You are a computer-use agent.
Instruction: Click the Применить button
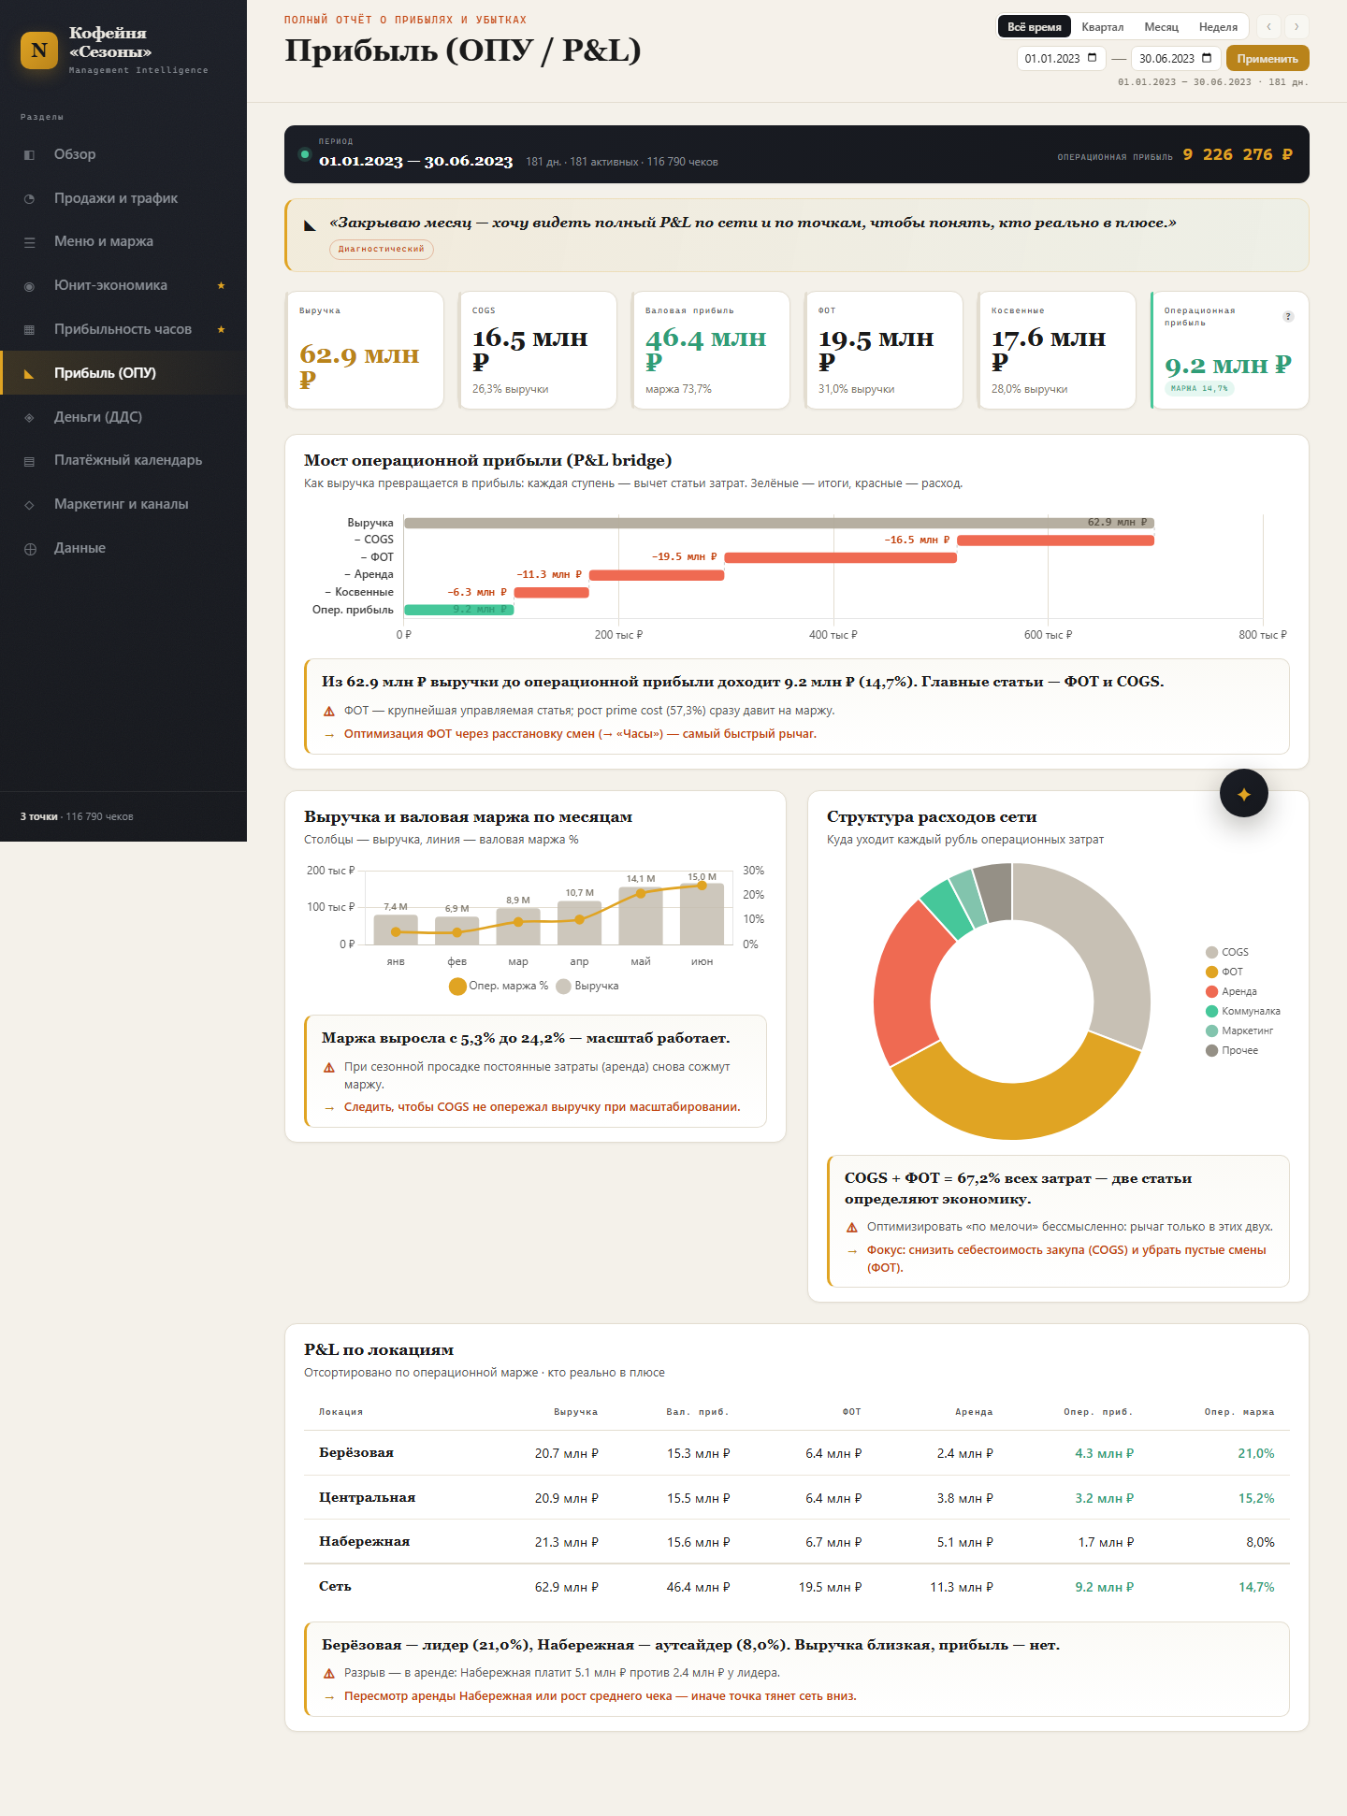1267,58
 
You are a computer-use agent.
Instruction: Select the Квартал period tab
1102,27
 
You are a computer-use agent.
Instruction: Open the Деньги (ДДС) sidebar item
98,416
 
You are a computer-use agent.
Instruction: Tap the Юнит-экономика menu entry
110,285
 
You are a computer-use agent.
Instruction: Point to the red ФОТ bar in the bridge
840,557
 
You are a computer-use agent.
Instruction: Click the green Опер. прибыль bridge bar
458,610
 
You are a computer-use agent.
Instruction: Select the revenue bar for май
641,915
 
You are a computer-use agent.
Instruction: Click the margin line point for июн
702,886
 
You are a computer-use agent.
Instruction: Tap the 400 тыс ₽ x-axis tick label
833,635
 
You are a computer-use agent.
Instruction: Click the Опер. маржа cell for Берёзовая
1255,1453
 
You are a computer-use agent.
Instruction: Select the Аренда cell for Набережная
964,1542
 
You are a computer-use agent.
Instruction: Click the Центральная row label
367,1497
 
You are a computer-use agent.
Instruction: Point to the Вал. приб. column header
698,1412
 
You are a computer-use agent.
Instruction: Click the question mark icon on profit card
1288,316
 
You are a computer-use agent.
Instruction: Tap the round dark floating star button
1244,793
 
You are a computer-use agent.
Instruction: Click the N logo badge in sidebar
39,50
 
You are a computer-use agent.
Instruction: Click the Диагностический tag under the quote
381,249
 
